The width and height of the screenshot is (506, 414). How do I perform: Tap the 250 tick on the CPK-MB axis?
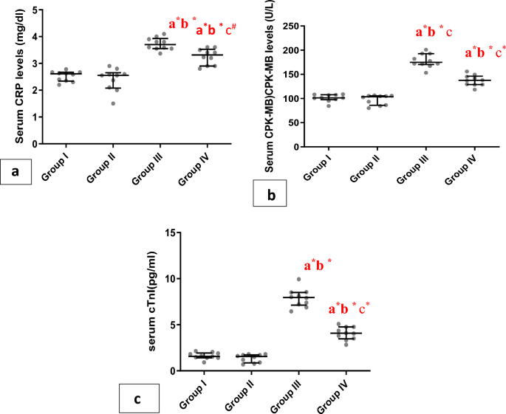click(x=293, y=27)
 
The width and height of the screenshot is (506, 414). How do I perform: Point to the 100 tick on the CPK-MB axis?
click(x=293, y=99)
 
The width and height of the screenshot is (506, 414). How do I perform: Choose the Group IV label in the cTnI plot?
click(x=337, y=392)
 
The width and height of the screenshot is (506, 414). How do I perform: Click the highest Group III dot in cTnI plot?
click(x=298, y=280)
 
